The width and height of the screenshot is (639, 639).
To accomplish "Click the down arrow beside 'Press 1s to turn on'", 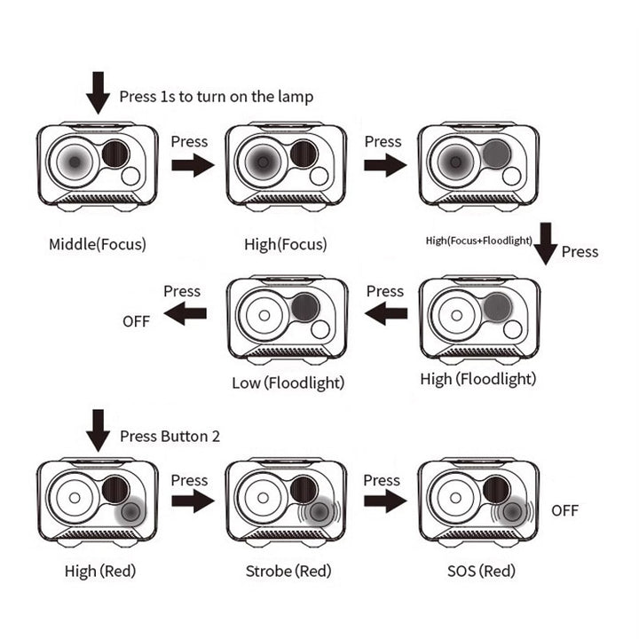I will tap(98, 92).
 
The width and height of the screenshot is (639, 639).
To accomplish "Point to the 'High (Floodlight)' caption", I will tap(478, 379).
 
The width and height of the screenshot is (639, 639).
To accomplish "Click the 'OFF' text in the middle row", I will tap(137, 322).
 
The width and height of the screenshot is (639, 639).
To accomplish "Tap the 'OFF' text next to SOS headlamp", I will tap(564, 510).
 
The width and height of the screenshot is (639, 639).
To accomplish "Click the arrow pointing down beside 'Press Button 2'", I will tap(98, 430).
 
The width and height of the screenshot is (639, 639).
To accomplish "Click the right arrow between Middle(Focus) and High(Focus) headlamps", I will tap(193, 164).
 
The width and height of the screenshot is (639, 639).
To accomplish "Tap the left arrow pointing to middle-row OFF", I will tap(185, 312).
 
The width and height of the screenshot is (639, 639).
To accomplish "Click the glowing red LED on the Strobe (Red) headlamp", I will tap(320, 511).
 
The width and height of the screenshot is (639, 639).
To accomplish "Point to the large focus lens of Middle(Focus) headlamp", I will tap(75, 162).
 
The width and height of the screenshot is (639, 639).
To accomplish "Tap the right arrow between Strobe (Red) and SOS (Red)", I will tap(385, 502).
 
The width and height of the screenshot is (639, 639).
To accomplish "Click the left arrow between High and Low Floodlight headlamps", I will tap(386, 312).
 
